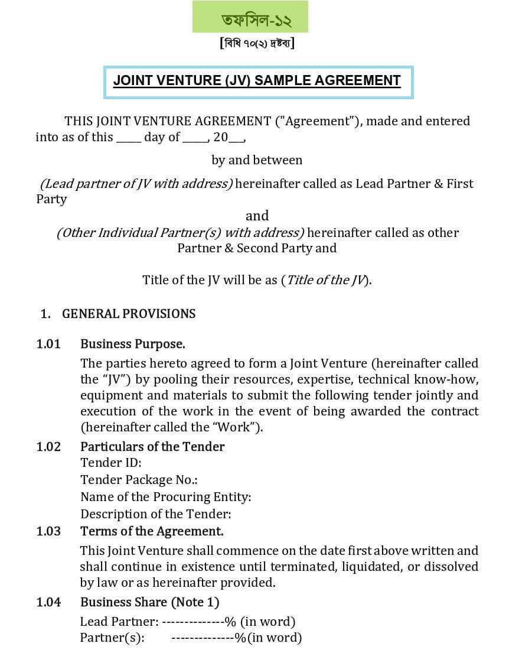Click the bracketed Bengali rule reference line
click(x=257, y=44)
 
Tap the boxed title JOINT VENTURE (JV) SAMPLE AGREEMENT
click(x=257, y=80)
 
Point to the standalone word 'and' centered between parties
click(x=257, y=216)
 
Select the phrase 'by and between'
click(x=257, y=160)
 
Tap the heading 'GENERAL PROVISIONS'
click(x=129, y=314)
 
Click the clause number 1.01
click(x=48, y=344)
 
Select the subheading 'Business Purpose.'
click(x=133, y=344)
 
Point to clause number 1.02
click(x=48, y=447)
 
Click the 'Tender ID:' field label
click(x=111, y=463)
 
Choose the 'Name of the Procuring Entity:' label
click(x=166, y=497)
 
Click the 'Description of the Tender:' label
click(x=156, y=514)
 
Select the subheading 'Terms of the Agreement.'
click(x=152, y=531)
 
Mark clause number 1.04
click(x=48, y=603)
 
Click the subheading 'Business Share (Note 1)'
click(x=149, y=603)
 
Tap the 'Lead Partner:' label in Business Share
click(x=119, y=622)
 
